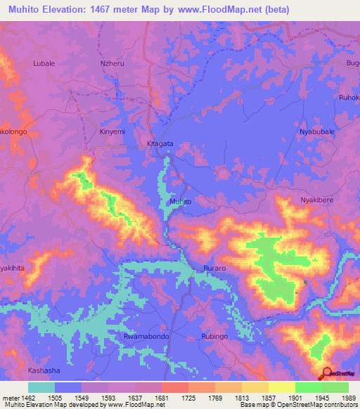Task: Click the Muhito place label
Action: click(x=180, y=202)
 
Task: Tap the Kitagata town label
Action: click(x=160, y=143)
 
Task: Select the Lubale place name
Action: click(x=44, y=63)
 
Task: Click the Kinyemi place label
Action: click(x=112, y=131)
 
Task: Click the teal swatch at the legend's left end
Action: click(x=41, y=387)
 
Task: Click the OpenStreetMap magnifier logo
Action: click(x=327, y=372)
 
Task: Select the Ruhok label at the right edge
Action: click(x=349, y=97)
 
